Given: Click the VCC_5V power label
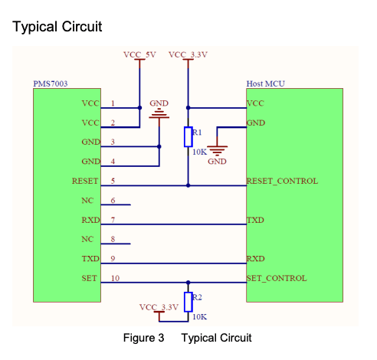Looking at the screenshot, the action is [x=139, y=54].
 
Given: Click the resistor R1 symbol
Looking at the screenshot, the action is [x=188, y=136].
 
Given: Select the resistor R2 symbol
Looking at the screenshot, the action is [x=188, y=302].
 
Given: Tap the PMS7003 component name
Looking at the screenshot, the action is [x=51, y=83].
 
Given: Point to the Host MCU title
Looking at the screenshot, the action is [x=265, y=83].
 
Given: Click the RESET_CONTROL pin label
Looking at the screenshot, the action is [x=282, y=181].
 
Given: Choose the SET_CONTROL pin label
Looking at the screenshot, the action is [x=277, y=278].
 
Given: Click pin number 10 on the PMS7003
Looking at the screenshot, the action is [x=115, y=278].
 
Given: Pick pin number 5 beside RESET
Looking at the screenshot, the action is [x=113, y=181].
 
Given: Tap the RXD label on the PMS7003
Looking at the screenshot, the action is [x=90, y=220].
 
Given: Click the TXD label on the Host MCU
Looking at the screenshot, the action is [x=255, y=220].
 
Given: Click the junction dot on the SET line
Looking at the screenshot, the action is [x=188, y=283].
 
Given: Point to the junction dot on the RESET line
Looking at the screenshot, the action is [x=188, y=185].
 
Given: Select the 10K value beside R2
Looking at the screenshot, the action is [x=199, y=317].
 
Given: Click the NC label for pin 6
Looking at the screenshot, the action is [x=87, y=201].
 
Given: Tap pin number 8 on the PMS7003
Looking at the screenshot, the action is [x=113, y=239].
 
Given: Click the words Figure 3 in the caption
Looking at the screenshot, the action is [x=143, y=338].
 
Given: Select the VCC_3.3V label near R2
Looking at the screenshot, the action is [x=159, y=307].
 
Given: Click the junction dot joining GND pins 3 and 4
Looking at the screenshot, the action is [x=159, y=146].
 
